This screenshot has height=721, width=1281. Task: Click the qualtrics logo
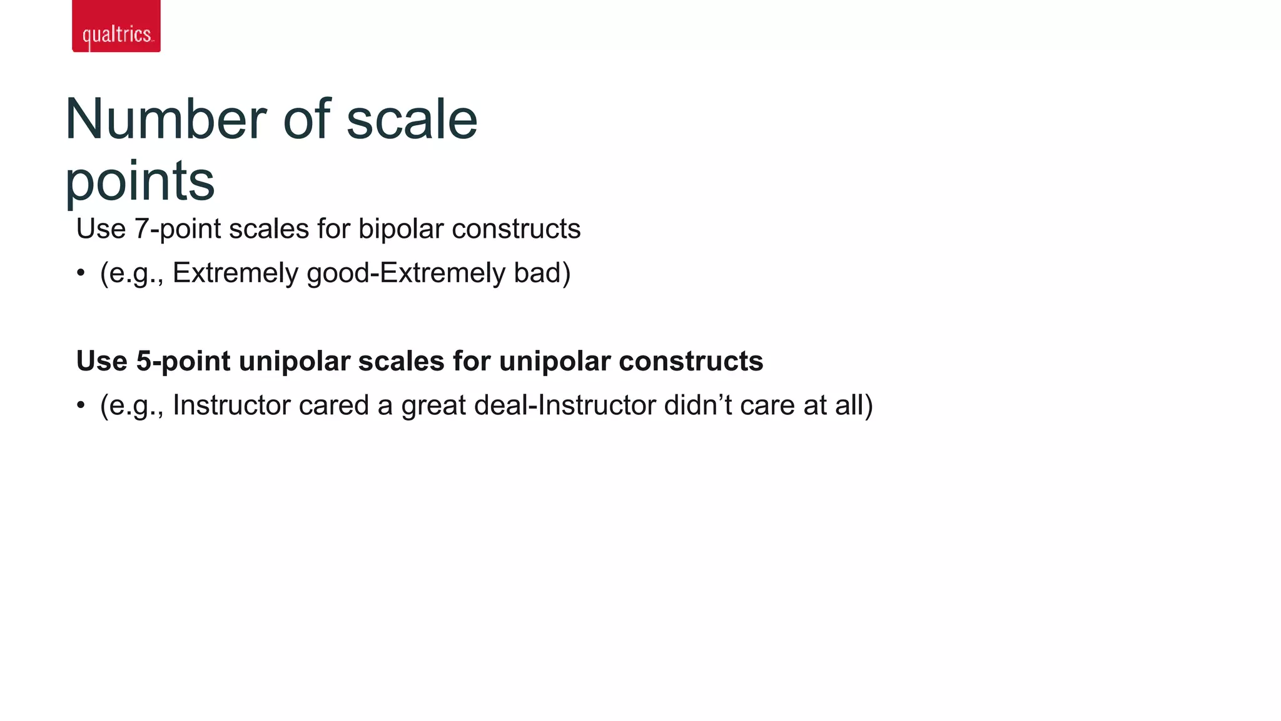[x=116, y=27]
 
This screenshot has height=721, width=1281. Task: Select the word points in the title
[x=139, y=182]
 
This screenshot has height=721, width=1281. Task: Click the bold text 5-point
[x=183, y=361]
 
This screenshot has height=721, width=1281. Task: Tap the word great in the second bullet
[x=434, y=406]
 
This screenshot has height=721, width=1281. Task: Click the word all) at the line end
[x=854, y=406]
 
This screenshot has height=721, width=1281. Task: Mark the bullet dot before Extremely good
[x=81, y=274]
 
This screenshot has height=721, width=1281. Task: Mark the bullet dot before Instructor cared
[x=81, y=406]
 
